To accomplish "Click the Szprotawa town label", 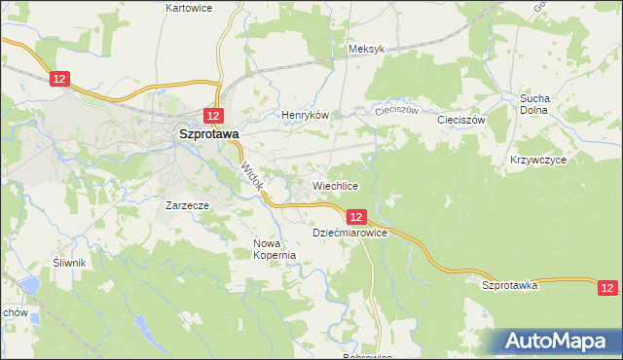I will point(207,136).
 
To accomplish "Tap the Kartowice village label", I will point(189,8).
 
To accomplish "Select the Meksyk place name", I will point(367,49).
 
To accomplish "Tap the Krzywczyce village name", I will point(537,159).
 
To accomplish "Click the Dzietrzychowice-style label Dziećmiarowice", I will point(350,234).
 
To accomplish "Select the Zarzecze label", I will point(188,205).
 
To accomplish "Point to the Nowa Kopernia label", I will point(274,249).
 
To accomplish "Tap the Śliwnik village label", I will point(71,263).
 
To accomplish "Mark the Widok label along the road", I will point(251,175).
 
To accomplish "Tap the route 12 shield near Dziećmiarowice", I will point(356,217).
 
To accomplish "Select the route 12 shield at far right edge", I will point(607,287).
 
